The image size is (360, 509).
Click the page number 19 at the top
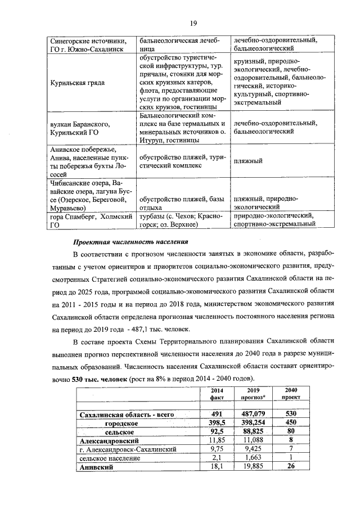click(192, 23)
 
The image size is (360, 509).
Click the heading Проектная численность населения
click(130, 242)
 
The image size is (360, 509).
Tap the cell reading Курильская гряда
click(74, 82)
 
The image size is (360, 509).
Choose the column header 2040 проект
click(291, 393)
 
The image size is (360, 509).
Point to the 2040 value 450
click(291, 423)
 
